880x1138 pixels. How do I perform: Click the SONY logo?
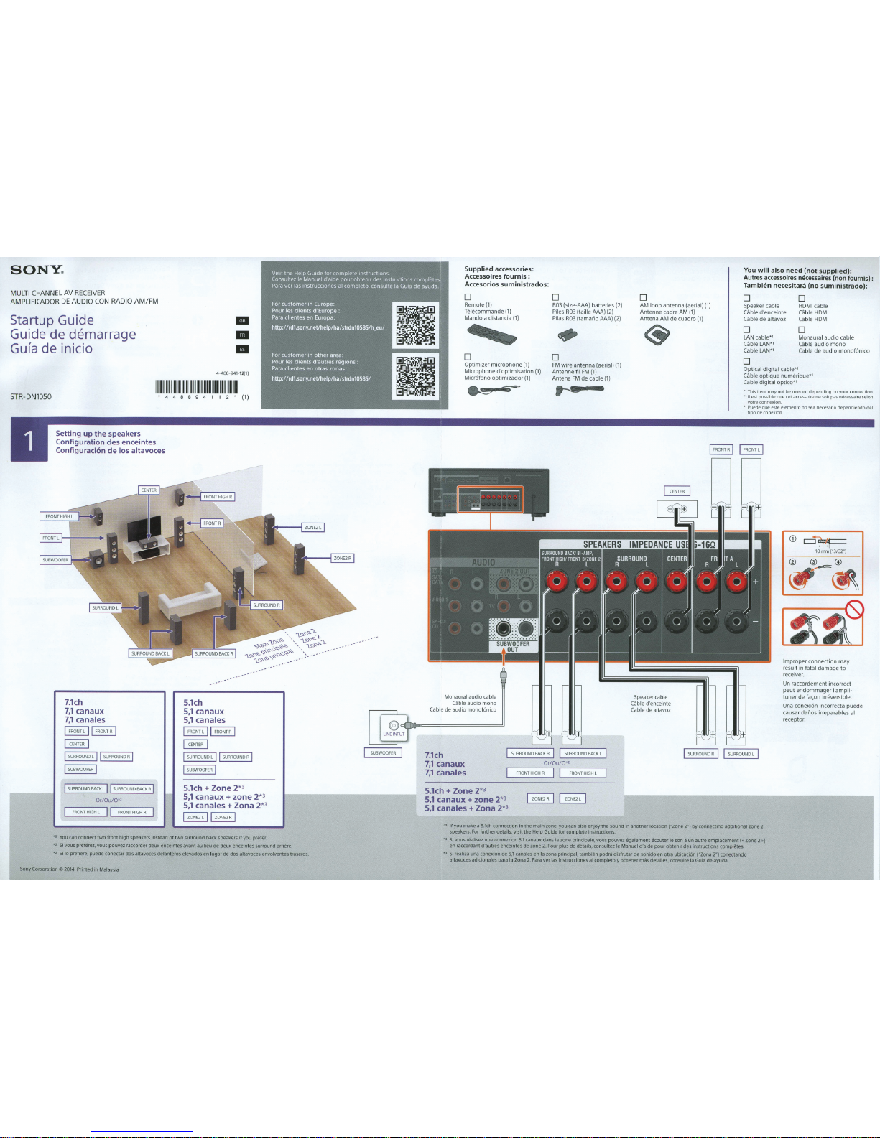pos(37,271)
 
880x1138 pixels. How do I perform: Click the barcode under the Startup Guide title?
pos(197,387)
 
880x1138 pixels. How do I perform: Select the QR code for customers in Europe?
pos(416,324)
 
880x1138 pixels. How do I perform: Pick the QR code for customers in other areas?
pos(416,376)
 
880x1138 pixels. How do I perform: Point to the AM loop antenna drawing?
pos(654,334)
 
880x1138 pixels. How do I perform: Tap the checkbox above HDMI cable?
pos(802,299)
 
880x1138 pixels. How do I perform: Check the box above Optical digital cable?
pos(746,362)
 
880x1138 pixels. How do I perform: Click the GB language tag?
pos(243,321)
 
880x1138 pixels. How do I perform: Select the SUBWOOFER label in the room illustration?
pos(55,560)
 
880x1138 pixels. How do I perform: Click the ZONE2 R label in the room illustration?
pos(342,558)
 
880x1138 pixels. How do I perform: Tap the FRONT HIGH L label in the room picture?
pos(59,516)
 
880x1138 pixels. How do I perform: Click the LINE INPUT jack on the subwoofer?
pos(394,726)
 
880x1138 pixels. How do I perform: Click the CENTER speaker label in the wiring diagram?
pos(677,491)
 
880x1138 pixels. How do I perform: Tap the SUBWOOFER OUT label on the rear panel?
pos(513,646)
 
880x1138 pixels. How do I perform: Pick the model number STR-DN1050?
pos(31,397)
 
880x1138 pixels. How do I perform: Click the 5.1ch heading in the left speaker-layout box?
pos(193,703)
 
